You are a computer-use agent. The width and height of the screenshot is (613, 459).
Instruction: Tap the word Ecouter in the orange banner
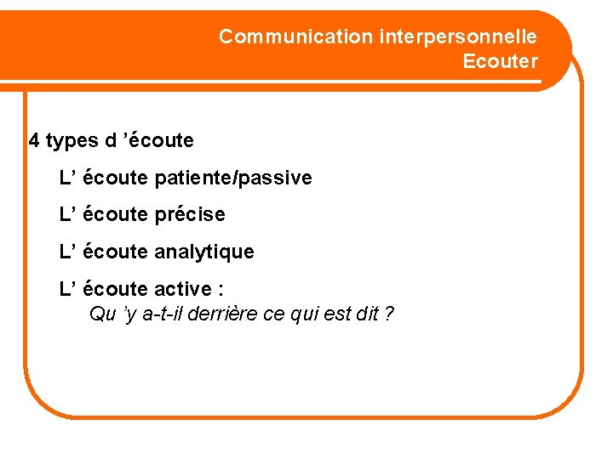[500, 61]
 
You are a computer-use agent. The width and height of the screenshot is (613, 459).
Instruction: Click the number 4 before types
[34, 140]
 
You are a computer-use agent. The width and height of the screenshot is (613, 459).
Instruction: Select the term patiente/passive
[233, 178]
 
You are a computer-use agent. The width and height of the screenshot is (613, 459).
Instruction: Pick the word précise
[190, 214]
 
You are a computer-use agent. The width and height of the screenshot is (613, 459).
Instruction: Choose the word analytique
[204, 252]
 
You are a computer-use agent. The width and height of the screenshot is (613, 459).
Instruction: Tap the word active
[183, 289]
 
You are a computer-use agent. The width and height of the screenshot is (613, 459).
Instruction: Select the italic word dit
[367, 314]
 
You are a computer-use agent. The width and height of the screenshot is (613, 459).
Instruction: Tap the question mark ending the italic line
[389, 314]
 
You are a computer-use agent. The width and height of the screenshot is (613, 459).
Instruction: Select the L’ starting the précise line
[66, 214]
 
